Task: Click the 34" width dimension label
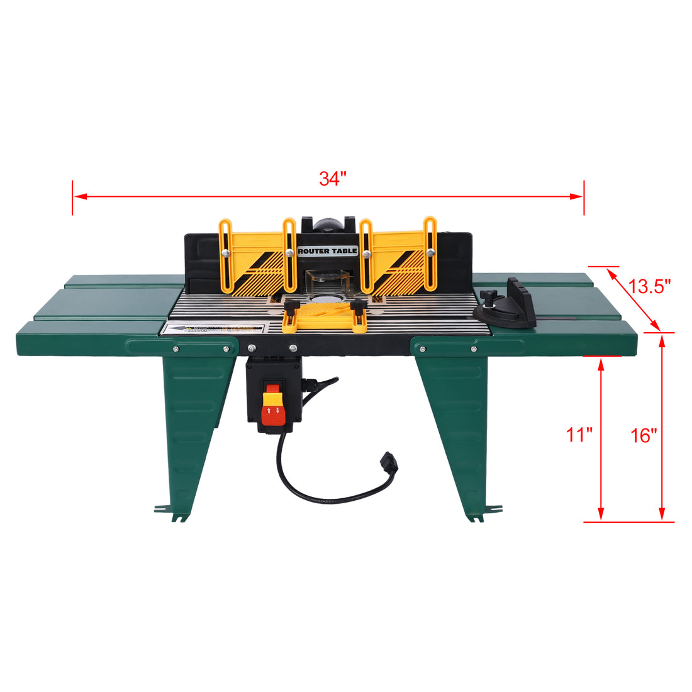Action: [333, 179]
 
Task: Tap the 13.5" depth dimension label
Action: [650, 287]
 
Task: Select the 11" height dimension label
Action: [579, 435]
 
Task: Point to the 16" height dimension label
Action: [644, 435]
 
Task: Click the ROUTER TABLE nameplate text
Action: [327, 251]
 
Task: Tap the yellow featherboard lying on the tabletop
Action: [325, 316]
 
